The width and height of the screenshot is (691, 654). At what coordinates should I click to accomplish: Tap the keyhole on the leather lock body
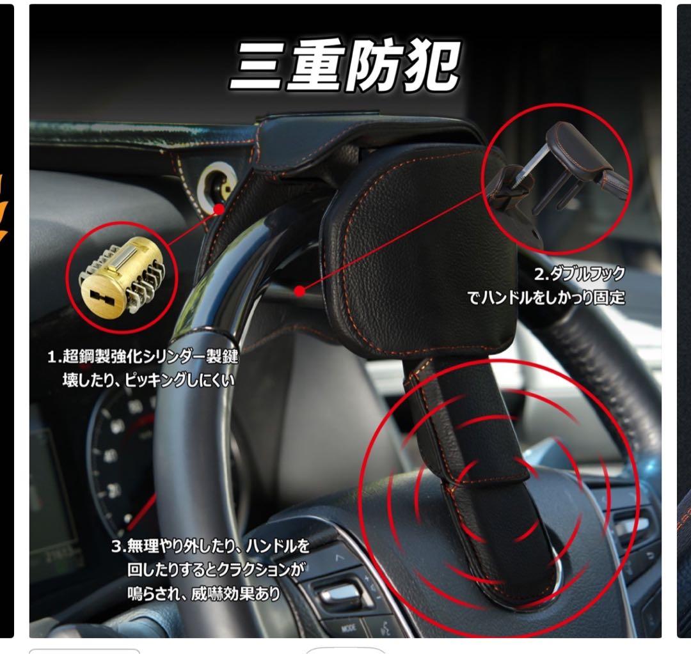(x=213, y=185)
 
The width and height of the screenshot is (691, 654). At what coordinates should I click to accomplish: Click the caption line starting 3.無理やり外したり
(x=210, y=547)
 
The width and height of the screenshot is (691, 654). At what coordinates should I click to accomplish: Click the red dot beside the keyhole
(x=219, y=208)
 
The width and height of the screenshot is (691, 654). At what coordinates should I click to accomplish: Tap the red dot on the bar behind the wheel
(x=299, y=292)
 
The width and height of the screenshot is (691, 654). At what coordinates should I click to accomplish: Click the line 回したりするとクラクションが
(x=214, y=570)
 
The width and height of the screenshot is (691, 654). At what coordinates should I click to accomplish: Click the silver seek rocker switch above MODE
(x=342, y=594)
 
